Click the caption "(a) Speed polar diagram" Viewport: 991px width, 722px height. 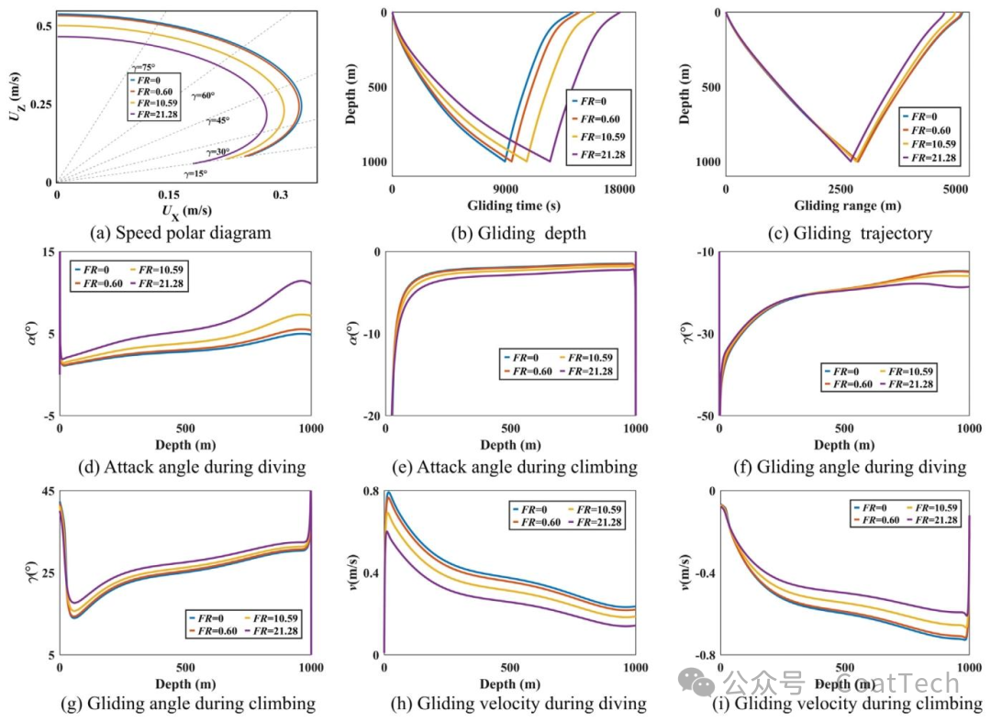tap(181, 232)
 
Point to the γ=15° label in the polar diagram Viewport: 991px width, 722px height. tap(195, 173)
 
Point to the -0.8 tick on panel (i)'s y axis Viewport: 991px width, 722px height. tap(702, 655)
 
